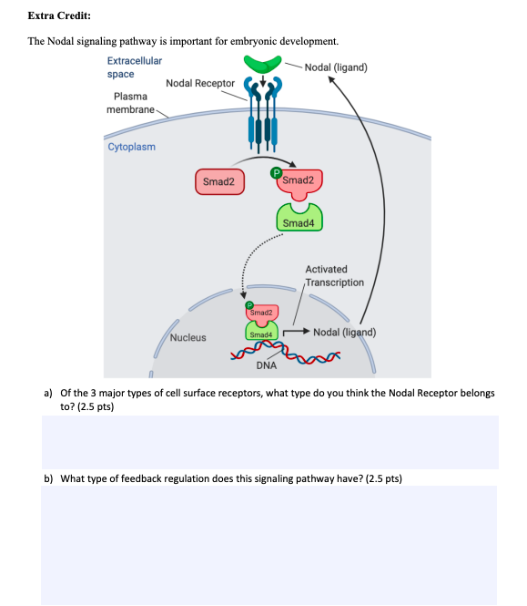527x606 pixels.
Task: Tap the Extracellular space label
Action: click(x=134, y=67)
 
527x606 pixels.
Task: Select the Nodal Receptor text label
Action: click(x=200, y=83)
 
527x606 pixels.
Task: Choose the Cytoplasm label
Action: click(x=132, y=147)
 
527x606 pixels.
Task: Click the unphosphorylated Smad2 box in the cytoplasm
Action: click(x=218, y=181)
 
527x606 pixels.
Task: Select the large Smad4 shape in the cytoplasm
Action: click(x=298, y=220)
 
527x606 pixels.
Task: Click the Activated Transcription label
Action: click(x=334, y=275)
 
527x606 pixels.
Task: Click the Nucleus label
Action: click(x=187, y=337)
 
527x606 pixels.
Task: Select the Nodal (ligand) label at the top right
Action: click(x=336, y=67)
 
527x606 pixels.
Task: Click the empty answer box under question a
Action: click(x=269, y=442)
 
